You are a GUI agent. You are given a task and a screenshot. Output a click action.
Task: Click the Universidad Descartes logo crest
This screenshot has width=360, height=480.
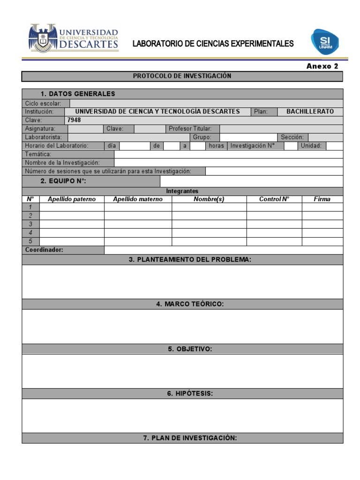click(x=43, y=38)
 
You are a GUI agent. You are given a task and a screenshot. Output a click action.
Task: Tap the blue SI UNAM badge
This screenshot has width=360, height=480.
click(x=324, y=41)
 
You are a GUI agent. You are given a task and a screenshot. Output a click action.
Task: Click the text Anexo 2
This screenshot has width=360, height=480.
click(x=322, y=67)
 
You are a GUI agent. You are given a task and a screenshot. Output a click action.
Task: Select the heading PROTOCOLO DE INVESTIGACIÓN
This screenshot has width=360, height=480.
click(x=182, y=76)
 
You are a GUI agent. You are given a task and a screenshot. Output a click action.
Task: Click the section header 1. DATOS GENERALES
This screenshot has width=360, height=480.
click(x=77, y=94)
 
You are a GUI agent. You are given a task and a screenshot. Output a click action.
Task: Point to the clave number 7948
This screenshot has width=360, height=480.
click(x=74, y=120)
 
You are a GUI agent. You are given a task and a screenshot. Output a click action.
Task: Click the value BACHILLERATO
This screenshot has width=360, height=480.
click(x=310, y=112)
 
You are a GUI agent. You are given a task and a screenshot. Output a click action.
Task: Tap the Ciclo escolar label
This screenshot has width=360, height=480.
click(x=43, y=103)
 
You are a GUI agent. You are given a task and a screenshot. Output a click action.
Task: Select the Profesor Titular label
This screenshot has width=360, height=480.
click(x=190, y=128)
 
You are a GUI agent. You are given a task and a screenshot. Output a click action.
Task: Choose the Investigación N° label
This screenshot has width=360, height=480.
click(x=252, y=146)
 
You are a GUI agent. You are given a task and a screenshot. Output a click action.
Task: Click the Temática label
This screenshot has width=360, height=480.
click(x=38, y=154)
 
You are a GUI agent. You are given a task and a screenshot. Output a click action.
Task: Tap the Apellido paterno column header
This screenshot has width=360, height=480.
click(x=72, y=199)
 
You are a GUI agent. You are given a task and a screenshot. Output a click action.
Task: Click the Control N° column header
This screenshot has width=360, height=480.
click(x=274, y=199)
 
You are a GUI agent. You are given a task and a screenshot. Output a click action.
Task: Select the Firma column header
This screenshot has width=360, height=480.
click(x=322, y=199)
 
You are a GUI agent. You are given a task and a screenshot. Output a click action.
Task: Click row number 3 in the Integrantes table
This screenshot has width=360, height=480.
click(x=30, y=224)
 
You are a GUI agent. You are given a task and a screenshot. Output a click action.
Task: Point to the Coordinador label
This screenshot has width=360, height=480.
click(x=44, y=250)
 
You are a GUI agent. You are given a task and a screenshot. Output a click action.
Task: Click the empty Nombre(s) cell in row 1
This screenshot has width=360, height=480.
click(x=209, y=207)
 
